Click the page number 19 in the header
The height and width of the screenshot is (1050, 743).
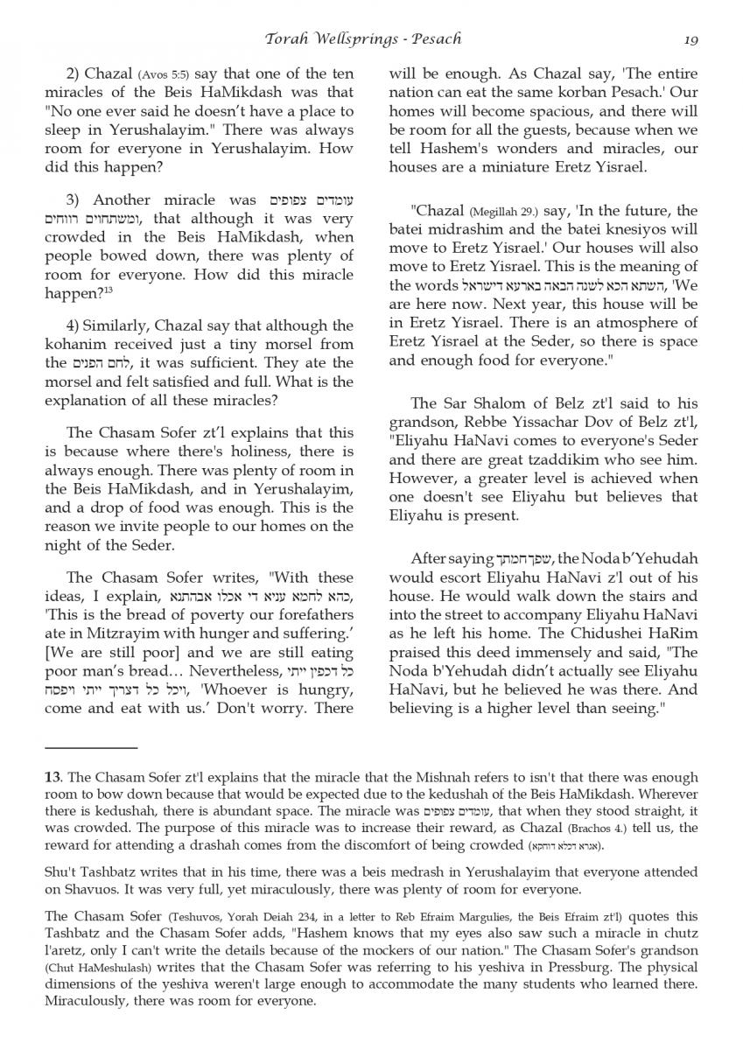pyautogui.click(x=690, y=38)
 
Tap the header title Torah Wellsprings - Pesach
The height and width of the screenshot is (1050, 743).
pyautogui.click(x=363, y=38)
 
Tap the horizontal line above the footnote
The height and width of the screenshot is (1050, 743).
pyautogui.click(x=91, y=748)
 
